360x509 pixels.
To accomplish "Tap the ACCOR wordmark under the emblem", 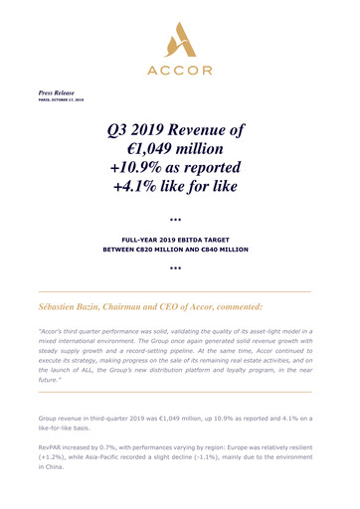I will [179, 69].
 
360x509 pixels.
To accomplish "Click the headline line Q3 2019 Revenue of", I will [179, 130].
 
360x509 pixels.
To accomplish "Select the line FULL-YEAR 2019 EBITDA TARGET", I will [179, 241].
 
